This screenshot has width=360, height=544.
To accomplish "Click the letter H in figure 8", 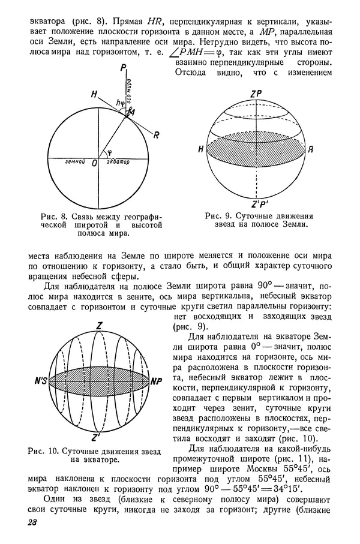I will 93,94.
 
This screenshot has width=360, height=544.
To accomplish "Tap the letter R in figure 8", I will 156,136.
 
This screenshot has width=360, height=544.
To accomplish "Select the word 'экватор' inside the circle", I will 118,163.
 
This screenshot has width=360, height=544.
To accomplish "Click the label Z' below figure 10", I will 97,437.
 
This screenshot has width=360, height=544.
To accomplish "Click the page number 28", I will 32,523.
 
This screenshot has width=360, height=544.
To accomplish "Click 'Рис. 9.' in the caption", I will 218,215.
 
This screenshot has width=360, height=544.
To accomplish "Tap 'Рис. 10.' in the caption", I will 49,450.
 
